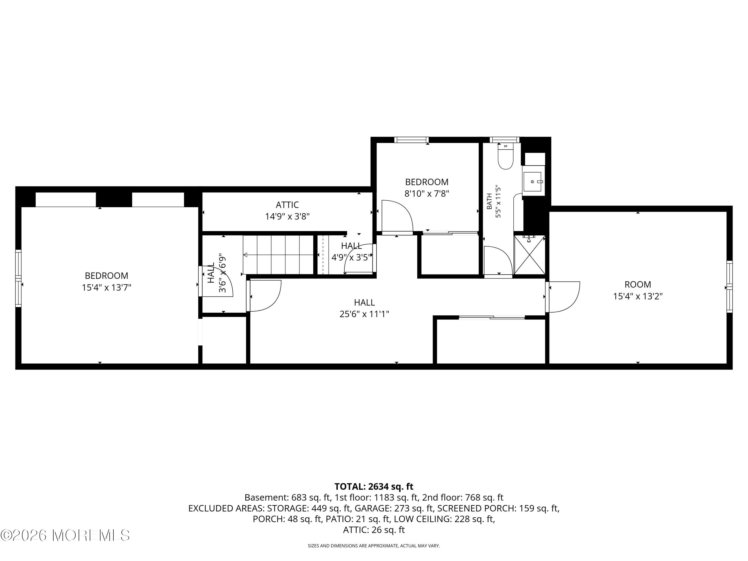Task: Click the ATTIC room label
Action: point(287,205)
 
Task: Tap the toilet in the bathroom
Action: point(506,156)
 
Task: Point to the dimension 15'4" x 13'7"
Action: point(106,287)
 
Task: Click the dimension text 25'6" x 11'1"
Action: point(364,314)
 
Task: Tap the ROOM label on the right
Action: point(638,284)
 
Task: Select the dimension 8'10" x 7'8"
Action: point(427,194)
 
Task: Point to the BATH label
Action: point(489,201)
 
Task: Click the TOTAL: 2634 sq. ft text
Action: point(374,486)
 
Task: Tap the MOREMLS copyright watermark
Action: point(65,535)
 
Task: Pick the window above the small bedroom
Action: point(411,140)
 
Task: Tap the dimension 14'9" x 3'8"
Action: point(287,216)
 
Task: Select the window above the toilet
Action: point(504,140)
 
